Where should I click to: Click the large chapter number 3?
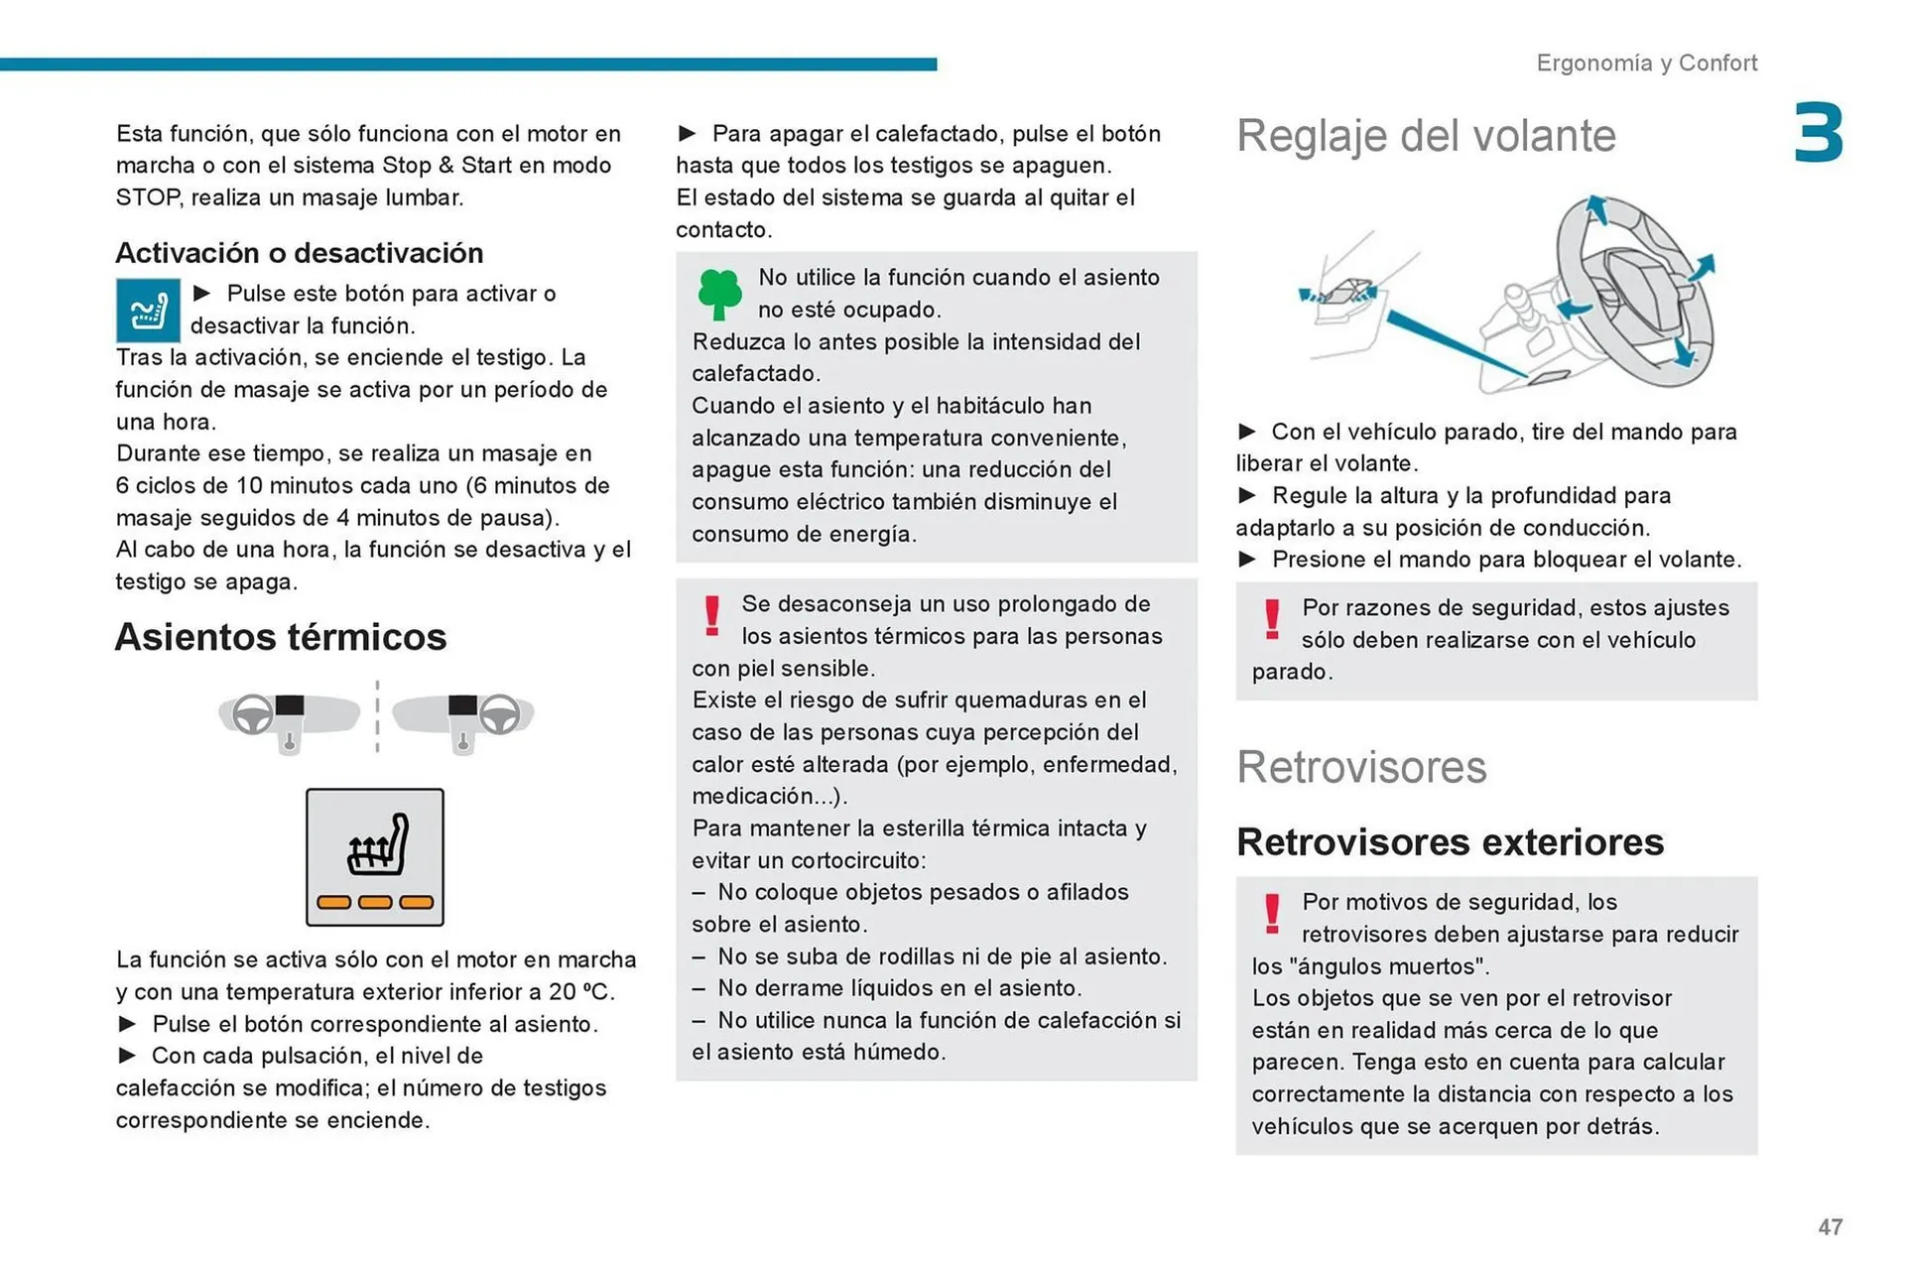(x=1818, y=133)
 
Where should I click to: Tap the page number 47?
(x=1830, y=1227)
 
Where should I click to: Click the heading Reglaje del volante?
(x=1426, y=136)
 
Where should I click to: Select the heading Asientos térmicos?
(x=281, y=637)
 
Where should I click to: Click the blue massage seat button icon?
(x=148, y=311)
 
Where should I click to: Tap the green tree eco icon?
(x=719, y=294)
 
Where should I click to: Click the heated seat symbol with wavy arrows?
(x=378, y=845)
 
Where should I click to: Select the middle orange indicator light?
(x=375, y=902)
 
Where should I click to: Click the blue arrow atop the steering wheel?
(x=1595, y=209)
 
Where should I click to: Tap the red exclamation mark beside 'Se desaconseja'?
(x=711, y=616)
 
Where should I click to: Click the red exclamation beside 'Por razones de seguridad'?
(x=1271, y=620)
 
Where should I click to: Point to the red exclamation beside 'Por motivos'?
(x=1271, y=914)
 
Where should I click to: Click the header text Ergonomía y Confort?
(x=1646, y=64)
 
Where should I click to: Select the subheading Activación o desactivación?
(x=300, y=253)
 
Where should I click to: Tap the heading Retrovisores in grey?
(x=1361, y=767)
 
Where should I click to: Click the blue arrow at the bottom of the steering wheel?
(x=1684, y=352)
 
